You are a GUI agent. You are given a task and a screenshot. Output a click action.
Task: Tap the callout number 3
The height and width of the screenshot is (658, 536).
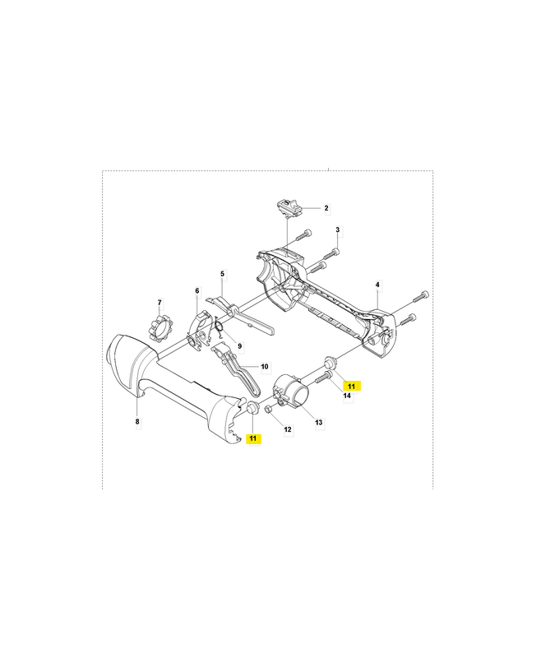(x=338, y=229)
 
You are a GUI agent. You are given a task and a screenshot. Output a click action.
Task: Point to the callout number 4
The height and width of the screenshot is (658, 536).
(x=377, y=285)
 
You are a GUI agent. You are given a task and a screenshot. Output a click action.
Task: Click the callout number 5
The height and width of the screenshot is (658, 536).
(x=222, y=274)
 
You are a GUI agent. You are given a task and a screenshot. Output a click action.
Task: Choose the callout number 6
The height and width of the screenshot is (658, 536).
(x=197, y=290)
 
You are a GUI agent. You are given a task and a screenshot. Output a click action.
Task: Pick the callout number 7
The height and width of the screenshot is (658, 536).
(x=159, y=303)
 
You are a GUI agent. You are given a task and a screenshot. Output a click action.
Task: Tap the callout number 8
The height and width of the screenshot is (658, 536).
(x=137, y=422)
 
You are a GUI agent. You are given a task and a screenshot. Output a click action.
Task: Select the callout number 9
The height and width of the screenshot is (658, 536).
(x=229, y=345)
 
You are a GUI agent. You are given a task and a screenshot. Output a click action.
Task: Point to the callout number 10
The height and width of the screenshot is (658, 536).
(x=264, y=367)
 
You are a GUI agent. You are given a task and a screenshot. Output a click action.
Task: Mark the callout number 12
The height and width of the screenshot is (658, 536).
(x=287, y=429)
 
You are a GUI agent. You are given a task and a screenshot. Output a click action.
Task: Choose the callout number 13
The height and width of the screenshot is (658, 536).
(x=319, y=423)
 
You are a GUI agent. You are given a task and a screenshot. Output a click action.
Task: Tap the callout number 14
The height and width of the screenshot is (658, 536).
(x=347, y=396)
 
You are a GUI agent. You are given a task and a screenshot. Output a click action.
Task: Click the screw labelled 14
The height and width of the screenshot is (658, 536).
(x=321, y=377)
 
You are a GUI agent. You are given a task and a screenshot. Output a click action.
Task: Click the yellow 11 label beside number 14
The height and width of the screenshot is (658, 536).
(x=352, y=385)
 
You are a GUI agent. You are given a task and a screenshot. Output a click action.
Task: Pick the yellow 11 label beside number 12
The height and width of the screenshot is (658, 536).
(x=253, y=438)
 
